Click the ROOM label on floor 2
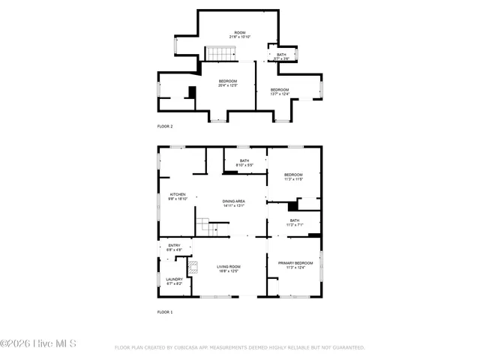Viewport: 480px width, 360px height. [x=239, y=33]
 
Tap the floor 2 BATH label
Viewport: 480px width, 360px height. [x=281, y=55]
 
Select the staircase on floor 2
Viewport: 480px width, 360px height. [x=221, y=53]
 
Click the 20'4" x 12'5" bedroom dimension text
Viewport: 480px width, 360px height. [x=228, y=85]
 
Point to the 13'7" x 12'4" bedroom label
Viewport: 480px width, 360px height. [x=280, y=90]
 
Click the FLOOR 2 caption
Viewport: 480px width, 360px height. [x=165, y=126]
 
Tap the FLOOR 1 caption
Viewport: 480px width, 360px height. [x=165, y=311]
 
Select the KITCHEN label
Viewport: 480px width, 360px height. [x=177, y=194]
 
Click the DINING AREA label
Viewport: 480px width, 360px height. [x=234, y=202]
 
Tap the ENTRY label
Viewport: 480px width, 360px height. [x=174, y=246]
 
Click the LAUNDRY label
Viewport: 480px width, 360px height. [x=174, y=280]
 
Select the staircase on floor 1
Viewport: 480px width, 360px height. [x=207, y=226]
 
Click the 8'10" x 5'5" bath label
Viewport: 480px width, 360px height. [x=244, y=165]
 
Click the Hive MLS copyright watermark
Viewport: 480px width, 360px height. [x=38, y=344]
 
